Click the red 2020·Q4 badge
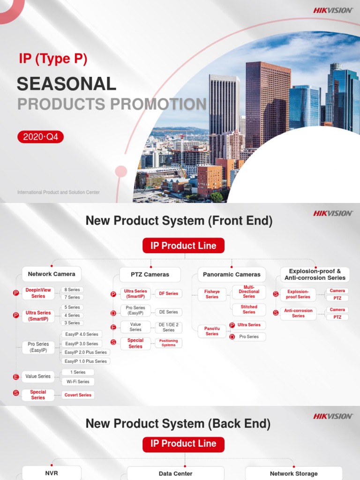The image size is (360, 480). pos(40,137)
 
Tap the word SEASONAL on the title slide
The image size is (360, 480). pos(66,84)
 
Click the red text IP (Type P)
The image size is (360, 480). pos(52,59)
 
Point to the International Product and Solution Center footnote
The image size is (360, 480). pos(58,192)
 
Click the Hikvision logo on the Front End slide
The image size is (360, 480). pos(333,213)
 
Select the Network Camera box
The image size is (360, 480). pos(52,274)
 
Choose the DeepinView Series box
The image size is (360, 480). pos(38,293)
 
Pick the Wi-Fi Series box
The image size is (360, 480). pos(78,382)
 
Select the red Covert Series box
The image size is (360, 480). pos(78,395)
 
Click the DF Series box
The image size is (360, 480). pos(169,293)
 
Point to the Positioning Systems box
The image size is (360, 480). pos(169,343)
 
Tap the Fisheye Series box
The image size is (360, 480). pos(212,294)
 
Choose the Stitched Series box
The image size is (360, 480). pos(249,309)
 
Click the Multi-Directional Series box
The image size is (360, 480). pos(249,292)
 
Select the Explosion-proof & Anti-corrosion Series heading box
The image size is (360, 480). pos(315,274)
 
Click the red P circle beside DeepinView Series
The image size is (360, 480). pos(16,293)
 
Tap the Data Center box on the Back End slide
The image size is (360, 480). pos(175,473)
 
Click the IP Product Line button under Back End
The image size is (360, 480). pos(183,443)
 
